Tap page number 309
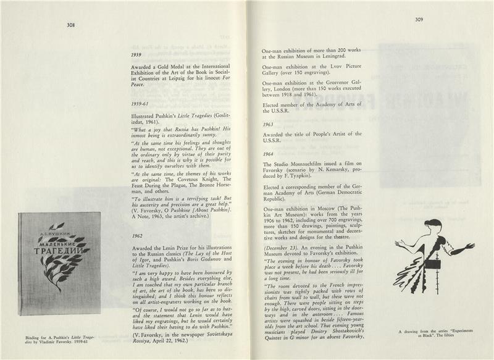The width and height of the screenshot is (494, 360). pos(419,20)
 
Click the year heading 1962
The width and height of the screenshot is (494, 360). pos(137,236)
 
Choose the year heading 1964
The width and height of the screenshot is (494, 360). pos(268,154)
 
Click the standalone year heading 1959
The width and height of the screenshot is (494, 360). pos(137,55)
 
